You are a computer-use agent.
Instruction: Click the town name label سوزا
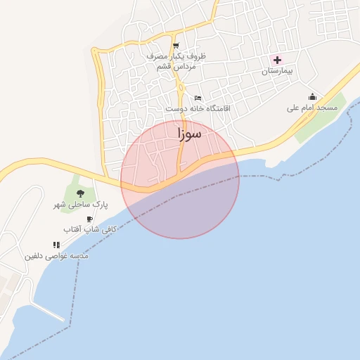click(x=189, y=134)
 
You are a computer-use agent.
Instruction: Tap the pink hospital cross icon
click(x=277, y=60)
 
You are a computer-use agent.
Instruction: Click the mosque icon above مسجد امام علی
click(x=312, y=96)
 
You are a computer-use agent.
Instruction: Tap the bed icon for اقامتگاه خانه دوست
click(x=198, y=98)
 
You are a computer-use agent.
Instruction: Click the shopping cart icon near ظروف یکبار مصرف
click(x=174, y=46)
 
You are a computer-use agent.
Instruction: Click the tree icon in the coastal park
click(x=80, y=193)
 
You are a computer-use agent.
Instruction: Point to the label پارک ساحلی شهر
click(x=82, y=205)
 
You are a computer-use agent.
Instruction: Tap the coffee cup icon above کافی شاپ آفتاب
click(x=89, y=219)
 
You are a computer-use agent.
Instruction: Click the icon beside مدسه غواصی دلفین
click(x=56, y=245)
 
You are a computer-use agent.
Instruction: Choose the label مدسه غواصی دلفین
click(x=57, y=256)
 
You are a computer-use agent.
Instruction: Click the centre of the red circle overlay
click(x=180, y=179)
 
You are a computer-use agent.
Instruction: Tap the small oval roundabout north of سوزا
click(x=181, y=89)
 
